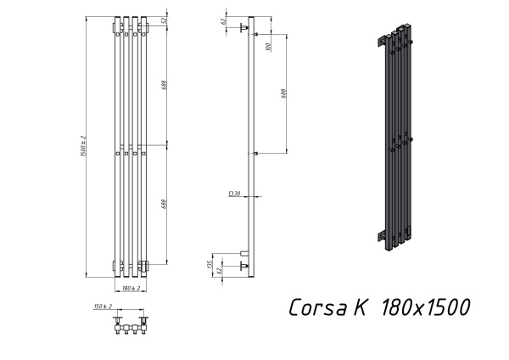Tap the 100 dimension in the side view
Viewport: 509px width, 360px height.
268,46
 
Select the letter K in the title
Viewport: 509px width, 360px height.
360,307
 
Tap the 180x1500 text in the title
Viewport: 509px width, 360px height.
425,307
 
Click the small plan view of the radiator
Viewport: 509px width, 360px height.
131,326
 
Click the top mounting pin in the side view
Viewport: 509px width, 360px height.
244,30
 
